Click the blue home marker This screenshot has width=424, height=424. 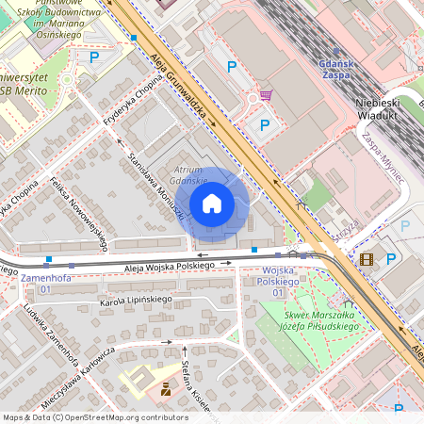(212, 204)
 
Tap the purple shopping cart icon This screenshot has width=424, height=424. (266, 94)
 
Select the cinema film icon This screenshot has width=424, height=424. (367, 259)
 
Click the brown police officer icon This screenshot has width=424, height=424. (166, 387)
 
